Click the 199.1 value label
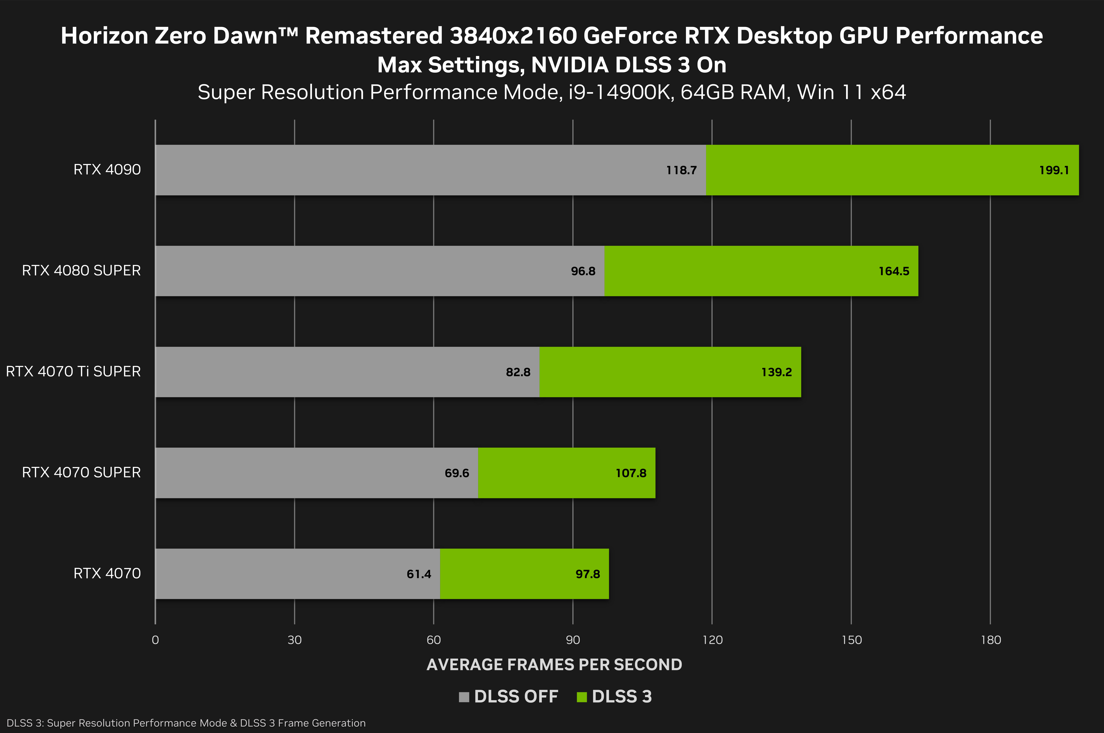(x=1054, y=170)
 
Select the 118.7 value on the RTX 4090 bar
(x=681, y=170)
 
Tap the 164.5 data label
(x=894, y=271)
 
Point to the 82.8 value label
(x=518, y=372)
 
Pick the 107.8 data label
(x=631, y=473)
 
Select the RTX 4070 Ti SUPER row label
(x=73, y=372)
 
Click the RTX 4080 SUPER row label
(x=81, y=271)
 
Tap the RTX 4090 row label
(x=107, y=170)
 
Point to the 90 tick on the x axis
(x=573, y=640)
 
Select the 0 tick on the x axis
(x=155, y=640)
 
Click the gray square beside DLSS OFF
(x=464, y=697)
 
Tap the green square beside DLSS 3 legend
(x=582, y=697)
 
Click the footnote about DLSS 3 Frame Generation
(x=186, y=723)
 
